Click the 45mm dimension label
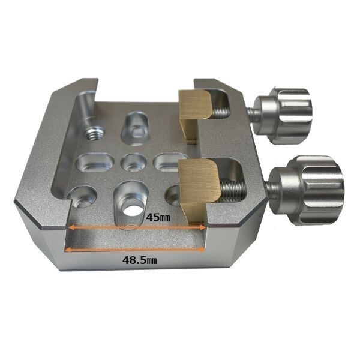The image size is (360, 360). tap(158, 217)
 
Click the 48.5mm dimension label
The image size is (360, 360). tap(139, 260)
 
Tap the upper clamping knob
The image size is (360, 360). tap(283, 116)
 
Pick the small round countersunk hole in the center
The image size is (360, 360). tap(134, 163)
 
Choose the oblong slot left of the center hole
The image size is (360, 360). tap(95, 164)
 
